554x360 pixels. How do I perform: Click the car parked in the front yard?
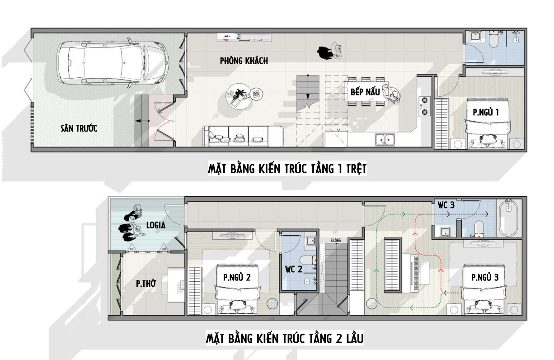[x=113, y=63]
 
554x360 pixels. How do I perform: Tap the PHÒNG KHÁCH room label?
[x=244, y=61]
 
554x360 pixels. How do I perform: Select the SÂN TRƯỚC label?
[x=79, y=128]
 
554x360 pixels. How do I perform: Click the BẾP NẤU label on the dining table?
[x=365, y=92]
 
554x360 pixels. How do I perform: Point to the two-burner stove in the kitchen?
[x=424, y=106]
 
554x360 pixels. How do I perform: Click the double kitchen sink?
[x=385, y=140]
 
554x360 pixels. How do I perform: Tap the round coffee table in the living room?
[x=239, y=97]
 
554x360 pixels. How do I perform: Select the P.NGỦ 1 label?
[x=486, y=113]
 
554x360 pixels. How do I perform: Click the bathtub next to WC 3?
[x=508, y=218]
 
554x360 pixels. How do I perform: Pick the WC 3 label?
[x=446, y=205]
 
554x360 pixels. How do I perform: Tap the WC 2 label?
[x=294, y=270]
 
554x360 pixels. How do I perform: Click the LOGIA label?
[x=156, y=225]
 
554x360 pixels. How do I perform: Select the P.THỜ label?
[x=146, y=284]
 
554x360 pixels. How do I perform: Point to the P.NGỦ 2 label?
[x=237, y=278]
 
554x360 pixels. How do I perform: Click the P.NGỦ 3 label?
[x=485, y=278]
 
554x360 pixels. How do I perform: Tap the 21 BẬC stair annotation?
[x=336, y=240]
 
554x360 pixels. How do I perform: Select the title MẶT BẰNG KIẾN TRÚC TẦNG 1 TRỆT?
[x=287, y=169]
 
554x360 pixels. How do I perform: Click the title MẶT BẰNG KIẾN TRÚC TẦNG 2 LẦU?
[x=285, y=339]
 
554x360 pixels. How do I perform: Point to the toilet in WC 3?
[x=479, y=228]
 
